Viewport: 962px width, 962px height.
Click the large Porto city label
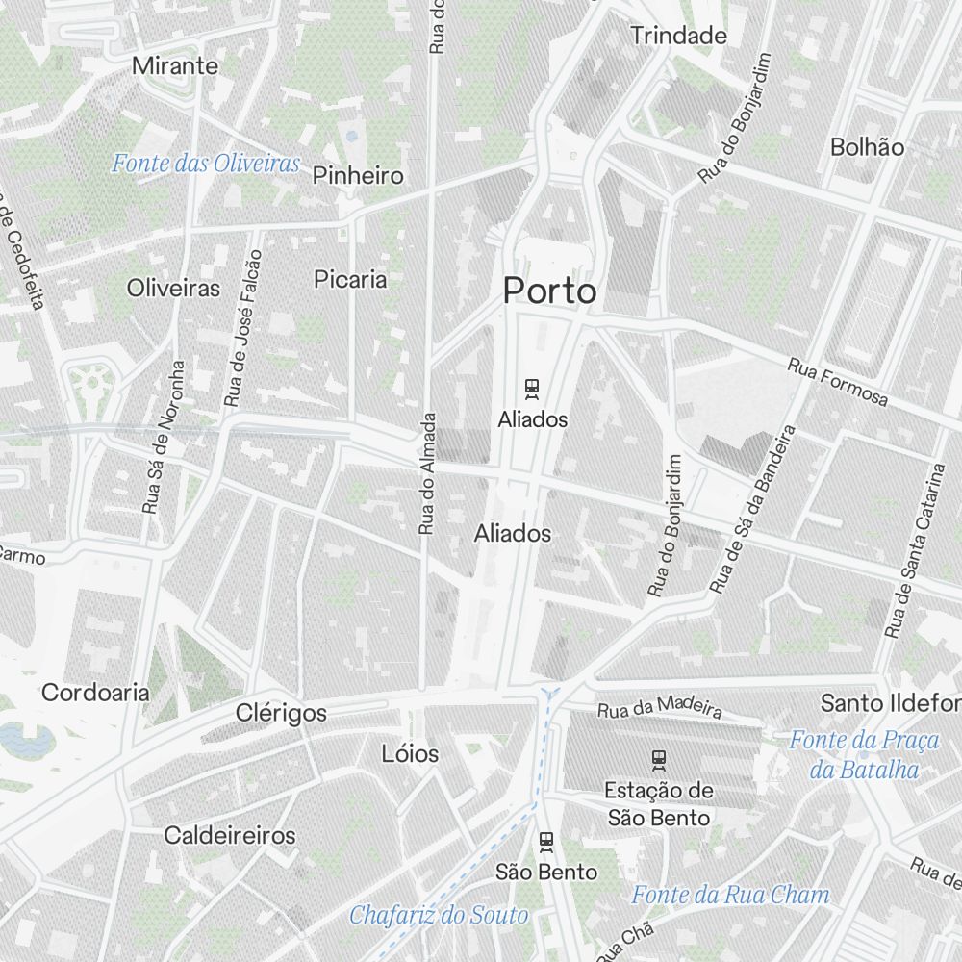coord(549,291)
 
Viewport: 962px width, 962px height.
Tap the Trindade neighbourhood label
coord(678,36)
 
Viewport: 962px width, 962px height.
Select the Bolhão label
coord(867,147)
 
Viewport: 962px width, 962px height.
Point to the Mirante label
coord(175,66)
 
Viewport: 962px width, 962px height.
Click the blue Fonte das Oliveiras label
coord(206,163)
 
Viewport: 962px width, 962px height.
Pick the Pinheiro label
coord(358,175)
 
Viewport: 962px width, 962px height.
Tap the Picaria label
coord(350,279)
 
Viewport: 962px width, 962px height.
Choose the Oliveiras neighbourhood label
coord(173,288)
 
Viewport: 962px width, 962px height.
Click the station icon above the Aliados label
coord(532,389)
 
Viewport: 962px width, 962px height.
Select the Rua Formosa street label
coord(837,381)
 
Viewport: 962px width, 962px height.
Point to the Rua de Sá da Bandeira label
coord(754,509)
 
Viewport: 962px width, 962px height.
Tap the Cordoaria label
coord(95,692)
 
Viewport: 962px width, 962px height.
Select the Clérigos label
coord(281,713)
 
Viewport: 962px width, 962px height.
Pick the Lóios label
coord(410,753)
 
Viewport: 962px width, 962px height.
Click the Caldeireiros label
coord(229,834)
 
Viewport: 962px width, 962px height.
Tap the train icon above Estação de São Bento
coord(659,760)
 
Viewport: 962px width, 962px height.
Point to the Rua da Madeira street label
coord(659,710)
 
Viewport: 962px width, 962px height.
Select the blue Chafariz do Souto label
coord(439,914)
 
